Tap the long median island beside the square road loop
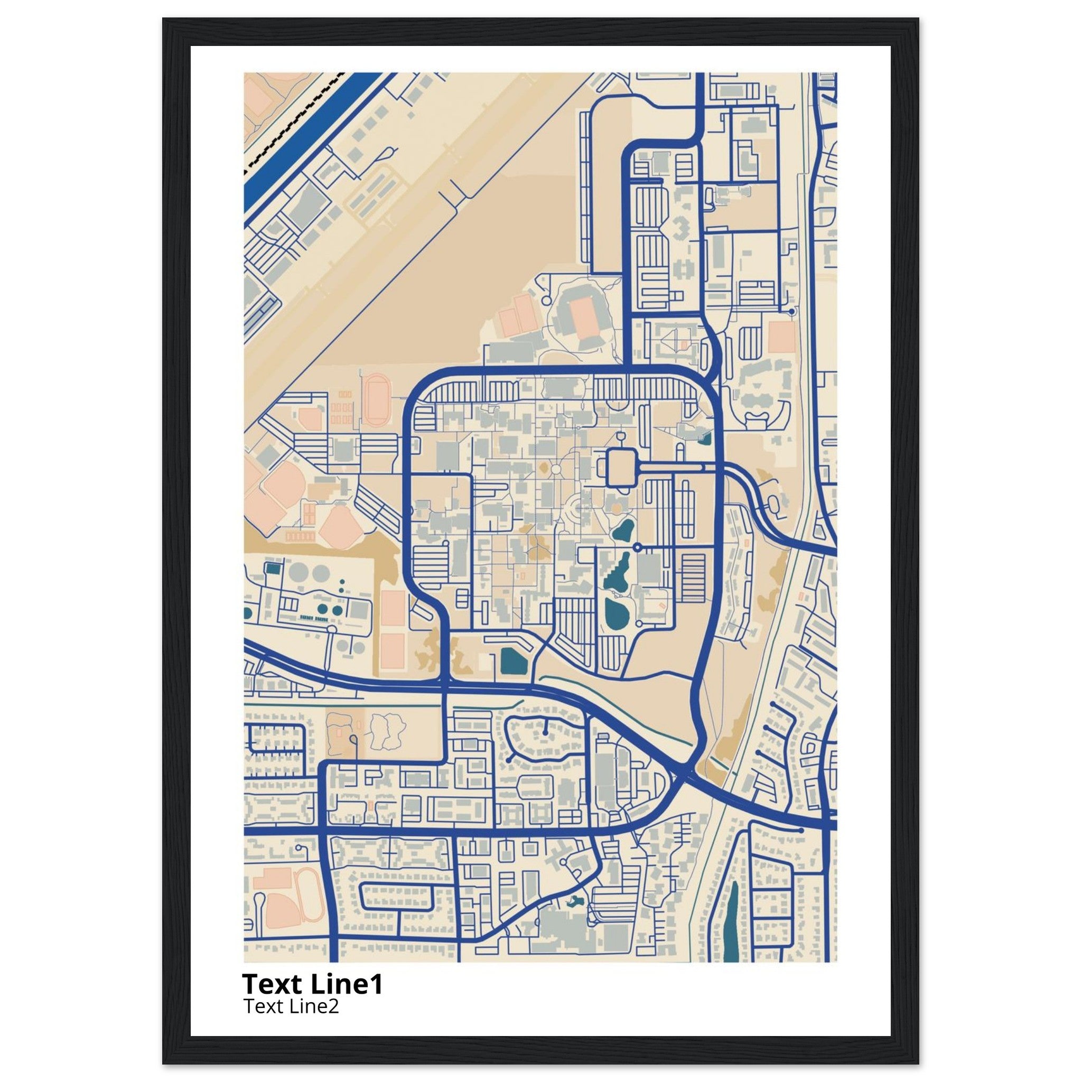670,466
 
